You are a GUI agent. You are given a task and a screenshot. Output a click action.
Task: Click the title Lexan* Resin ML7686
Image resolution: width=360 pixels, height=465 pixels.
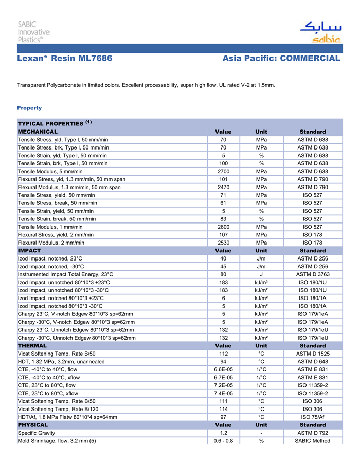65,58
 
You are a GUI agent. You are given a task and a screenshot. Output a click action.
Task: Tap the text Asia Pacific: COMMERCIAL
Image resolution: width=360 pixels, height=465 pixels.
281,58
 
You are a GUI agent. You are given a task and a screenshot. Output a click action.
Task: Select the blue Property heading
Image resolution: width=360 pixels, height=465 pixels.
29,108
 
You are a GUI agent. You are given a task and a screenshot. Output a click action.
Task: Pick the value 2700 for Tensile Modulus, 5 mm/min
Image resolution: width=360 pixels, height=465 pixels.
223,171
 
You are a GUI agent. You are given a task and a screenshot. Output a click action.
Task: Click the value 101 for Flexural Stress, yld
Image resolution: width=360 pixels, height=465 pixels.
223,179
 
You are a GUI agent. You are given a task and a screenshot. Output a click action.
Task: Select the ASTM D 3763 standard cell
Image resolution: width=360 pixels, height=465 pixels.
313,274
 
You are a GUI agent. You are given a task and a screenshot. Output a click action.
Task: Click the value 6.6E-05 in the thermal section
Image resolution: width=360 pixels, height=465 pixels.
223,369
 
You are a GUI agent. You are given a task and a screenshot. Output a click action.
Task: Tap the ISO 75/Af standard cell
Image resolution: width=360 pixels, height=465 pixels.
313,417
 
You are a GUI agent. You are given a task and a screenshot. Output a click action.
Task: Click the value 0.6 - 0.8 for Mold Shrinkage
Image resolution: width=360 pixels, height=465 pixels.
223,441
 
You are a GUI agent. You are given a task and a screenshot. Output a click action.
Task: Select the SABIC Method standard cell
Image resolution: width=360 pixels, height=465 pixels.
313,441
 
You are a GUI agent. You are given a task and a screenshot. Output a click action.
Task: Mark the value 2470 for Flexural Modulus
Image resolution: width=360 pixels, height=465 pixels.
223,187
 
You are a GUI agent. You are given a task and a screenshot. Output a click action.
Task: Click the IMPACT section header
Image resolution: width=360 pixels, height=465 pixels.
29,251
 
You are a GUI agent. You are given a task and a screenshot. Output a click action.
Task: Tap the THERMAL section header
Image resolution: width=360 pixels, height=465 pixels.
32,346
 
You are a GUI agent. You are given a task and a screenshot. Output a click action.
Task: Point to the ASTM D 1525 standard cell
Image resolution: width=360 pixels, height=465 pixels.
313,354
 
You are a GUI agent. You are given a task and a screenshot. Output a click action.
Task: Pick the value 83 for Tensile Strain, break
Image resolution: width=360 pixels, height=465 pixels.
223,219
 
